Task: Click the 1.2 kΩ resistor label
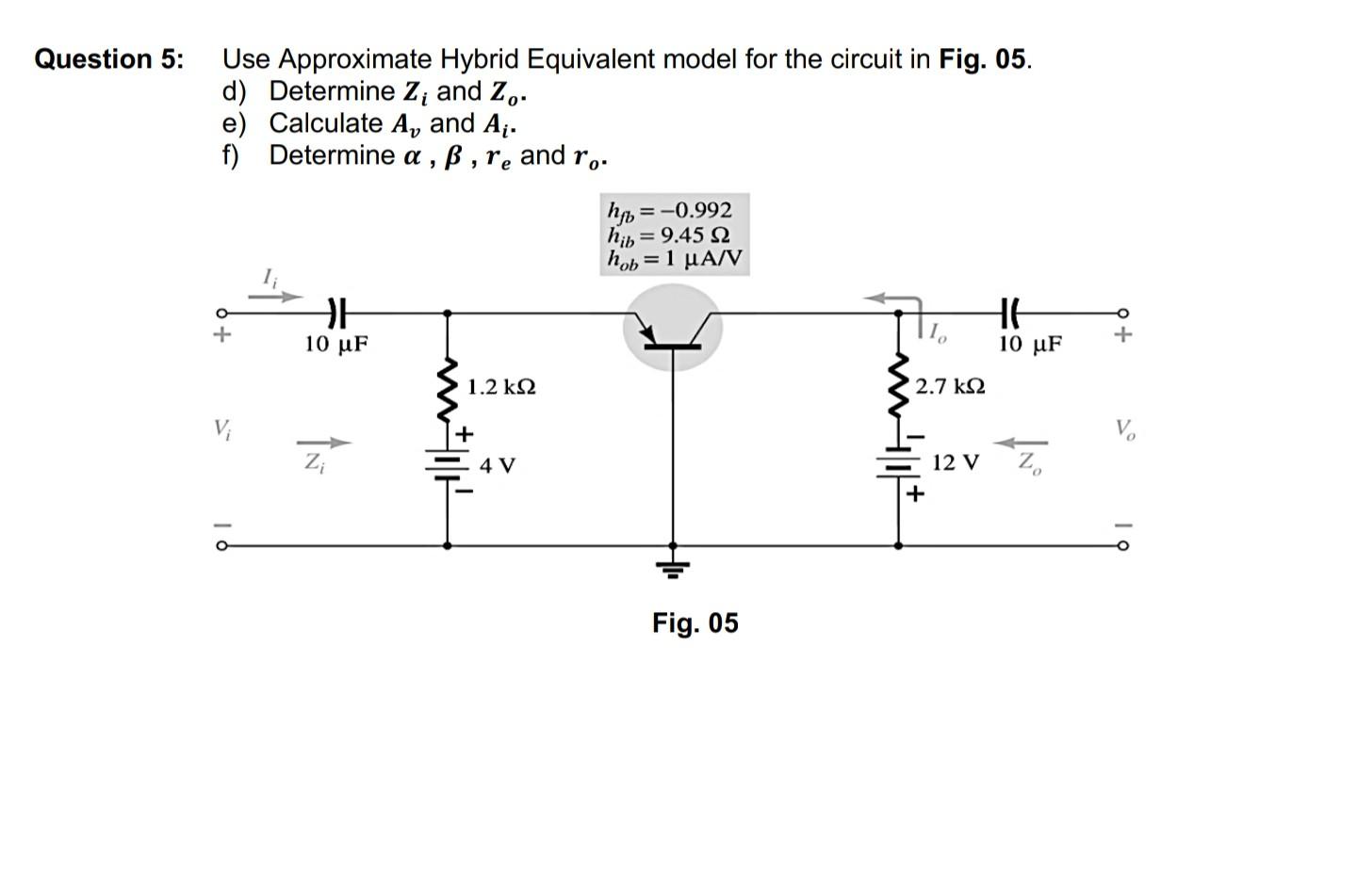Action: coord(501,387)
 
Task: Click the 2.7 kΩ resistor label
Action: coord(950,386)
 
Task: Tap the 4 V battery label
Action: coord(498,465)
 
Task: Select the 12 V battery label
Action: coord(956,463)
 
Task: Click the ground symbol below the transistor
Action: coord(672,565)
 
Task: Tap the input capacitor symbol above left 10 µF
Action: coord(336,312)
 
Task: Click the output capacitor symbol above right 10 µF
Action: coord(1009,312)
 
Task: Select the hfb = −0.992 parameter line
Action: coord(671,209)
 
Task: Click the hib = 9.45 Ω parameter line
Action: coord(669,234)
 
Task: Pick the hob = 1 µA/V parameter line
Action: coord(675,258)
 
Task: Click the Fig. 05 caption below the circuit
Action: coord(695,622)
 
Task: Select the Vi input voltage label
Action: coord(221,430)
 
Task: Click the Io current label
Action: coord(937,331)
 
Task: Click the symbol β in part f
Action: coord(453,156)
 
